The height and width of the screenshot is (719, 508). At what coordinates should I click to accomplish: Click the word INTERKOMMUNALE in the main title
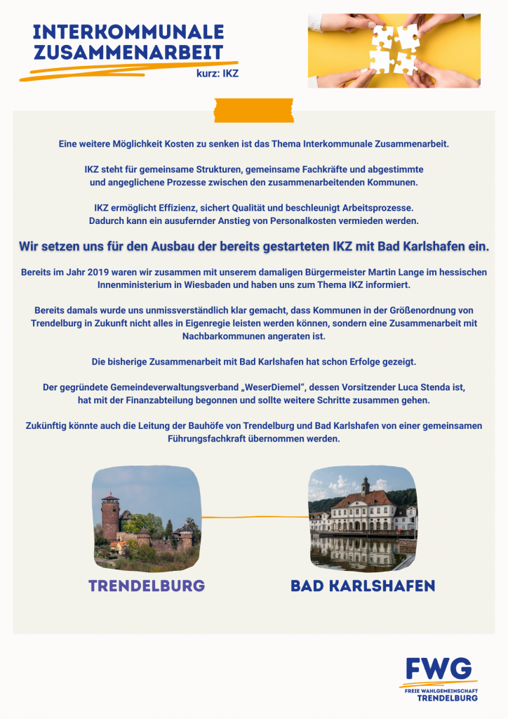coord(128,32)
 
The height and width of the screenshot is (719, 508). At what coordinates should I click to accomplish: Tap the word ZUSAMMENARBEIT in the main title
coord(128,52)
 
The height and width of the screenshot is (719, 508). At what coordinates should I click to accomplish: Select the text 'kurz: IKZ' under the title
coord(218,73)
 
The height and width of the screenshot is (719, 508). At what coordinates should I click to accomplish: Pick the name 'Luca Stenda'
coord(421,387)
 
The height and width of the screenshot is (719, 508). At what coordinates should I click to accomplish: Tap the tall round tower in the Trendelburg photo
coord(110,516)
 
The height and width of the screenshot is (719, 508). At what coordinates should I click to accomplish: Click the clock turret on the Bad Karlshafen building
coord(365,484)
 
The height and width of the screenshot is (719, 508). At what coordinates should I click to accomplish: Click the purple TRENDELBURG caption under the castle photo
coord(147,586)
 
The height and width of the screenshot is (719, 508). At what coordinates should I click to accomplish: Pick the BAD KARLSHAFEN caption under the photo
coord(363,586)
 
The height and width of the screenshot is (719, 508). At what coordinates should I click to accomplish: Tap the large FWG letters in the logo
coord(439,669)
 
